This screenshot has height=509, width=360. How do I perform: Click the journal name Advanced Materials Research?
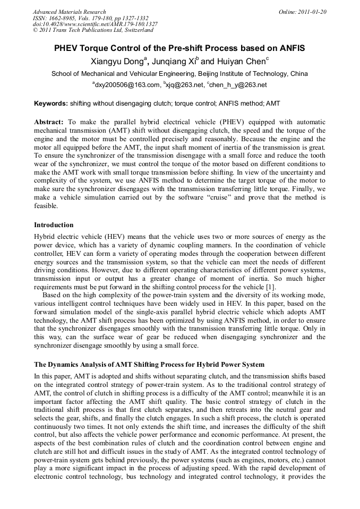(x=69, y=11)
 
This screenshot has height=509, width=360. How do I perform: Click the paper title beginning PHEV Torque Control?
(x=179, y=48)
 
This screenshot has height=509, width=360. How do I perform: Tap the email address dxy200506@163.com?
(x=127, y=85)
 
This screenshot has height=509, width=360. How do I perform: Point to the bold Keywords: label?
(x=51, y=103)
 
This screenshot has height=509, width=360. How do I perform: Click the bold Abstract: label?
(x=49, y=122)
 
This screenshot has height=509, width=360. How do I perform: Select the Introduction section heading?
(x=54, y=225)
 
